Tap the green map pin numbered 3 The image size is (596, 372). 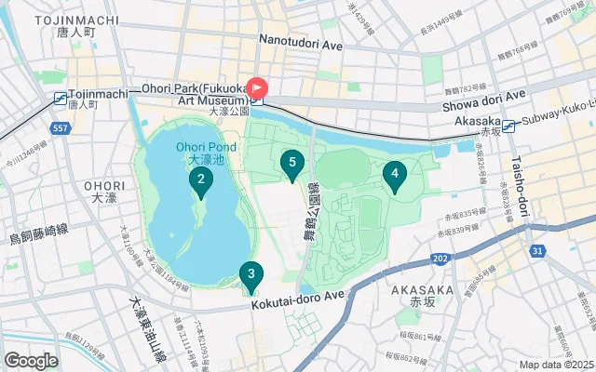[x=250, y=275]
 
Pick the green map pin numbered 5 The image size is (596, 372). [x=292, y=166]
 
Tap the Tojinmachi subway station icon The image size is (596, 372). [x=61, y=97]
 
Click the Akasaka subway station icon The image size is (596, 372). [x=509, y=121]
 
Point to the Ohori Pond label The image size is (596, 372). [x=200, y=146]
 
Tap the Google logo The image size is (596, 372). [x=31, y=360]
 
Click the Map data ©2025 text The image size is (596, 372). [x=555, y=365]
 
